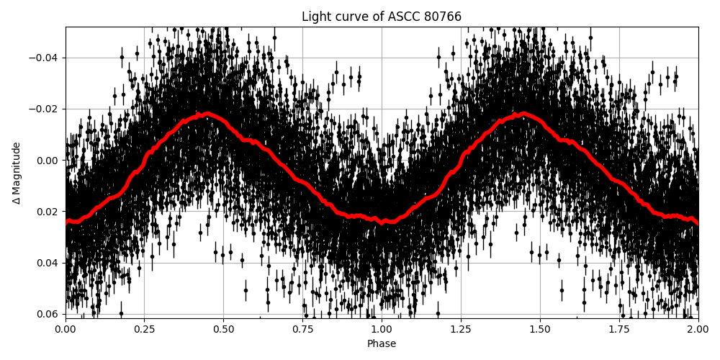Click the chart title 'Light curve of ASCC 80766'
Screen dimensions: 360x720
[382, 17]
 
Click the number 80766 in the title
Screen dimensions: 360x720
[441, 17]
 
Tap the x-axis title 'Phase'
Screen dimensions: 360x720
[382, 344]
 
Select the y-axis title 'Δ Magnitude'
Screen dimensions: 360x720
[17, 173]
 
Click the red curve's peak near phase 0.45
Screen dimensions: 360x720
[207, 114]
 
